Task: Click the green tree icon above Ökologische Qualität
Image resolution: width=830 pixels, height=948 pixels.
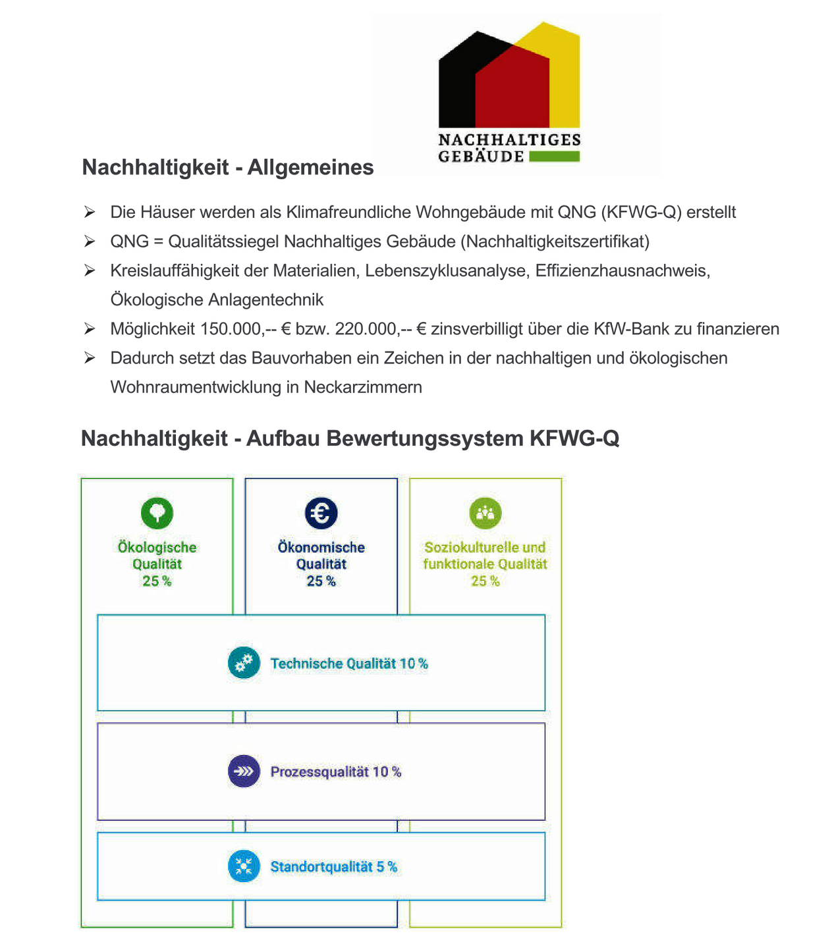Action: (157, 512)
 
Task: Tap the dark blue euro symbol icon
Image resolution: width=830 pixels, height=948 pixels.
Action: (321, 512)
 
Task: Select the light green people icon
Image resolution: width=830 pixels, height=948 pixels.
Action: (485, 512)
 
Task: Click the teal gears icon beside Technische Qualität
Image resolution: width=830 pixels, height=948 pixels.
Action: (244, 662)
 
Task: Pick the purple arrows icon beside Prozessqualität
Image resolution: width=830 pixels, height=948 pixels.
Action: (244, 771)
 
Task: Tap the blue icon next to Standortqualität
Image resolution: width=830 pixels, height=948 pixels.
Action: (244, 866)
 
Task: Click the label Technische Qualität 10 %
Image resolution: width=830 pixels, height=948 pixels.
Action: (348, 664)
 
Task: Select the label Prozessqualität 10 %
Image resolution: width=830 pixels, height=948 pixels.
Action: (335, 772)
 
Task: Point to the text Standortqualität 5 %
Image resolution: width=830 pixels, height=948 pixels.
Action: (333, 866)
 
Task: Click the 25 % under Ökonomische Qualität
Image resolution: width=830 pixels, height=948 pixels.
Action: (321, 581)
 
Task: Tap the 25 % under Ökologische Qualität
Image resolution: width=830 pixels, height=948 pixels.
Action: (157, 581)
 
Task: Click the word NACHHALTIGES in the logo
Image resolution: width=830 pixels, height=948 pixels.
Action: (509, 140)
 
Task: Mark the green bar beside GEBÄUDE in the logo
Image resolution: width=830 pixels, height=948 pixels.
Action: (554, 157)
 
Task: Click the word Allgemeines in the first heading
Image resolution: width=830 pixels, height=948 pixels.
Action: (310, 167)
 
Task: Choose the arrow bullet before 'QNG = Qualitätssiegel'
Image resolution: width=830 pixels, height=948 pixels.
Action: (90, 242)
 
